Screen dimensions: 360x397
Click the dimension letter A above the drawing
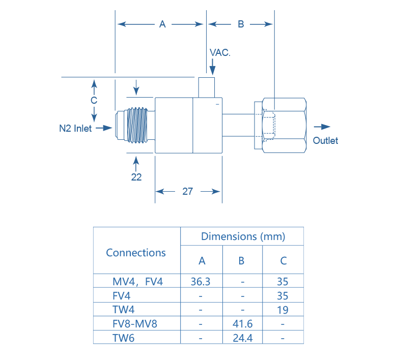pyautogui.click(x=162, y=24)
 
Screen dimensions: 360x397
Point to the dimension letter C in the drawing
pyautogui.click(x=94, y=100)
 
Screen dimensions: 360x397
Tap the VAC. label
pyautogui.click(x=220, y=52)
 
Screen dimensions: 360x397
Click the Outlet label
pyautogui.click(x=325, y=141)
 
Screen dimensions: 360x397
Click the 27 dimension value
pyautogui.click(x=188, y=192)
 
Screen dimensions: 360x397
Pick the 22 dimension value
pyautogui.click(x=136, y=177)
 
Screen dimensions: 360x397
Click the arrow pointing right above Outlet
pyautogui.click(x=322, y=127)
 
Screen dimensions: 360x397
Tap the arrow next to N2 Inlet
pyautogui.click(x=103, y=128)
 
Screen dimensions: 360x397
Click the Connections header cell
pyautogui.click(x=136, y=252)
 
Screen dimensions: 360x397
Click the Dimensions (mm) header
pyautogui.click(x=243, y=236)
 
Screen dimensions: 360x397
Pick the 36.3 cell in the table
pyautogui.click(x=202, y=281)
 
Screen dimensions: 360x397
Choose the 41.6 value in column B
pyautogui.click(x=242, y=323)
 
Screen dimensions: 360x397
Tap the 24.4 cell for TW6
pyautogui.click(x=242, y=337)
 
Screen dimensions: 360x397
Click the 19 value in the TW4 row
pyautogui.click(x=283, y=310)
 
